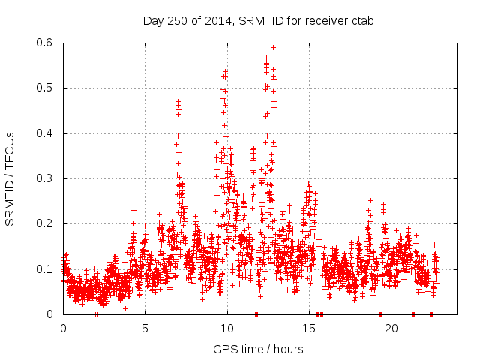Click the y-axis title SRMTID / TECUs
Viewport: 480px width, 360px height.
pos(10,178)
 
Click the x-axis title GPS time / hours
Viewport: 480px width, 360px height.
pos(258,349)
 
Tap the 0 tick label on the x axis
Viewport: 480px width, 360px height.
pos(63,328)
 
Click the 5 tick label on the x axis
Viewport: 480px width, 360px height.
pos(145,328)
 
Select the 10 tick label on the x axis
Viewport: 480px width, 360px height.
pos(227,328)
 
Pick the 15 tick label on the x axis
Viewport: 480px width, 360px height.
pos(309,328)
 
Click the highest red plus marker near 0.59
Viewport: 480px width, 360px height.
pos(273,47)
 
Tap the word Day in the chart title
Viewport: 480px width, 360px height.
pos(153,20)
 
